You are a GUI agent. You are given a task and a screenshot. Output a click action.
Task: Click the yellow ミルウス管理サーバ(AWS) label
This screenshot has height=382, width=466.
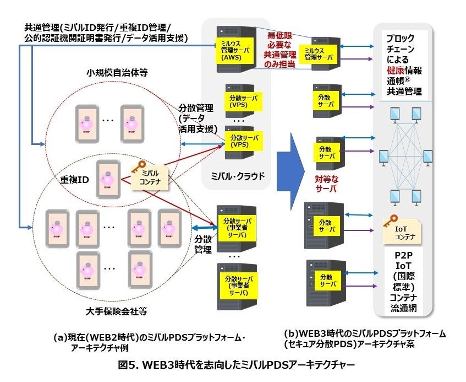click(x=227, y=49)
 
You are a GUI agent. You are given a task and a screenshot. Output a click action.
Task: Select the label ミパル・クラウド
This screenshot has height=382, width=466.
click(x=237, y=176)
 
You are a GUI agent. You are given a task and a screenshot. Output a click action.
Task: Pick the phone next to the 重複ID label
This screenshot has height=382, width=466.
click(x=107, y=180)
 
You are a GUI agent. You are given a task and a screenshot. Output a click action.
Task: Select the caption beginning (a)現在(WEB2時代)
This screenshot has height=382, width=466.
click(x=147, y=338)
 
